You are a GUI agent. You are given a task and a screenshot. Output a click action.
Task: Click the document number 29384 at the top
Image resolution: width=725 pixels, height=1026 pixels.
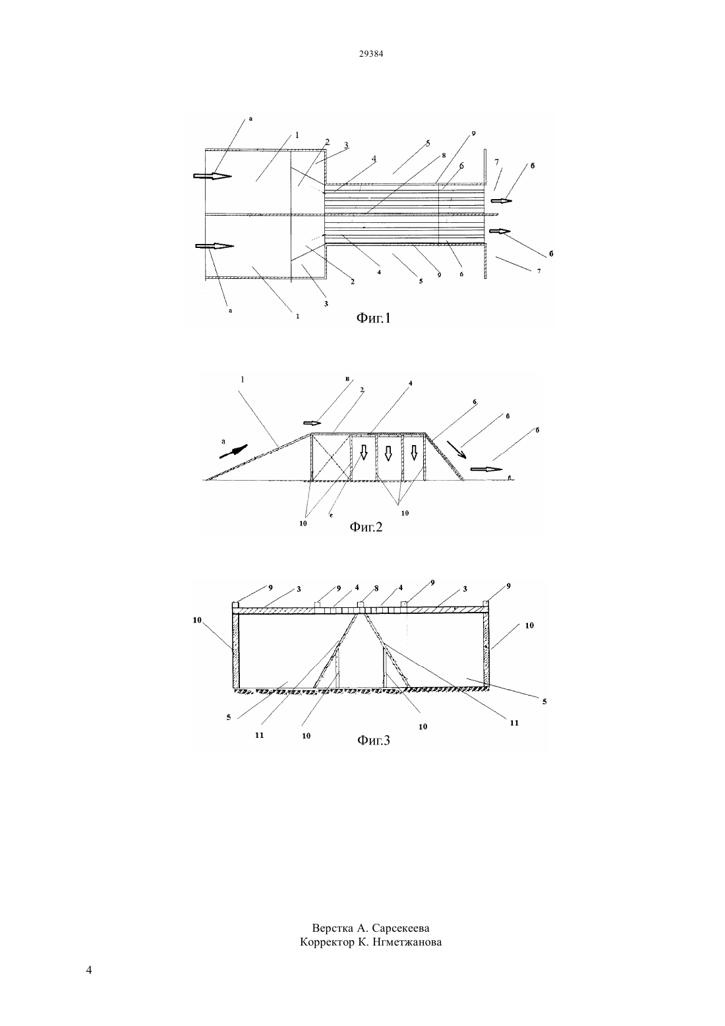click(370, 54)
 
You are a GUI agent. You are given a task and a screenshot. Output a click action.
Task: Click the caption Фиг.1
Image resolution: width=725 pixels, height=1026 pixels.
click(374, 317)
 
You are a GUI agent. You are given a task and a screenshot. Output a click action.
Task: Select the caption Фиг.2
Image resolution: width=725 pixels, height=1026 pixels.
click(366, 528)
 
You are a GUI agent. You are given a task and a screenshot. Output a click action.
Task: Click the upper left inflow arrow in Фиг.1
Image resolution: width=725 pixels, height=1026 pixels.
click(212, 176)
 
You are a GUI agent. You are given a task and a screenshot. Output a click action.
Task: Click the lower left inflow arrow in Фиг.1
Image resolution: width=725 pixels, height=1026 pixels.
click(215, 246)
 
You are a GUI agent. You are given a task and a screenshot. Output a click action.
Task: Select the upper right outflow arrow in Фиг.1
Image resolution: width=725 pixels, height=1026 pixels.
click(501, 200)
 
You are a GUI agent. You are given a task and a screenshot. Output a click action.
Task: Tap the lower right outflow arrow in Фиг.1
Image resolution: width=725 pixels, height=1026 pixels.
click(500, 231)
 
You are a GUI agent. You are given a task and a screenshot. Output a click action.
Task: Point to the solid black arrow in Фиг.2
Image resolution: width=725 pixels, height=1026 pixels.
click(233, 451)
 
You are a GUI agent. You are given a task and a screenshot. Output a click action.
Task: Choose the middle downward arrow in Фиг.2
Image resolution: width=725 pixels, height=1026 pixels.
click(388, 452)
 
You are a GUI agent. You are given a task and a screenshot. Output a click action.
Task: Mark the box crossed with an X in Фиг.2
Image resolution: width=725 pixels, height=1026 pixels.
click(332, 457)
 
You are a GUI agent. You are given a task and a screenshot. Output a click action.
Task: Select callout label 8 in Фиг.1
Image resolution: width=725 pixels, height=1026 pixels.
click(444, 155)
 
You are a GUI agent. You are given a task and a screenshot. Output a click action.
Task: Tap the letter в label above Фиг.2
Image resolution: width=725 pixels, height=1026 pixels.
click(348, 378)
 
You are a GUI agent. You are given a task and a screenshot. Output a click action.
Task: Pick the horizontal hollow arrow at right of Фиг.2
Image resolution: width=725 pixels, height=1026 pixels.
click(486, 469)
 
